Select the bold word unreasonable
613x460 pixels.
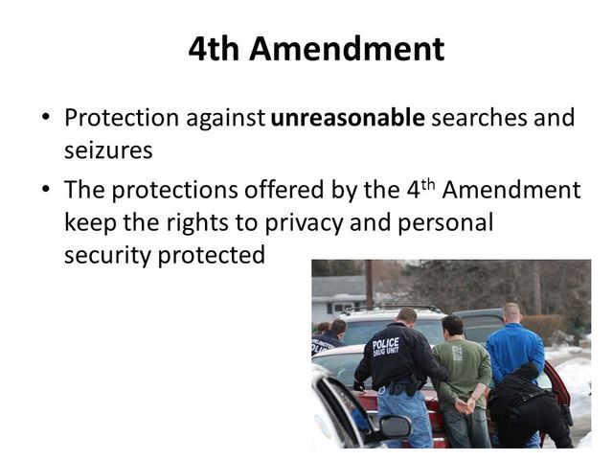[x=347, y=119]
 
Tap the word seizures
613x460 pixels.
[x=108, y=151]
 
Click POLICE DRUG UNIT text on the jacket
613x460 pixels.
[x=386, y=346]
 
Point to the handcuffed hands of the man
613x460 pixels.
[x=464, y=405]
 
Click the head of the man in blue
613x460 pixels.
[x=511, y=313]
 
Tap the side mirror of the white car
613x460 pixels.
[x=392, y=427]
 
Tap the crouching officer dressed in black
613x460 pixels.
[x=528, y=407]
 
